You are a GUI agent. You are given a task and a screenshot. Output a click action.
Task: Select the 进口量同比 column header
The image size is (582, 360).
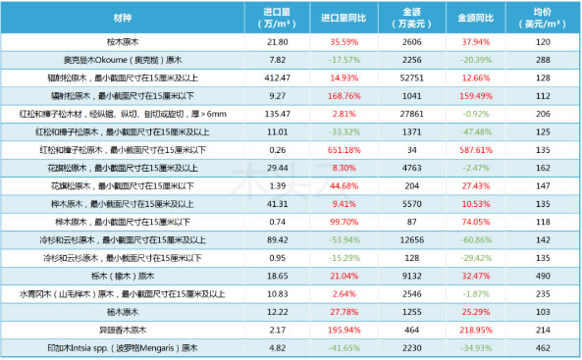pos(342,18)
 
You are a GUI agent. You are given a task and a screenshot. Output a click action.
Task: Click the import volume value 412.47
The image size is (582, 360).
pos(278,78)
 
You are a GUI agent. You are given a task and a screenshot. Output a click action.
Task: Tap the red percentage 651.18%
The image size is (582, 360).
pos(342,150)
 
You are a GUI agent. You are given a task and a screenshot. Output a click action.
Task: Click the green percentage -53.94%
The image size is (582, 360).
pos(342,239)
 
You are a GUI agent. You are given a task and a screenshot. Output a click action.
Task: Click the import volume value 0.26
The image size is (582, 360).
pos(278,150)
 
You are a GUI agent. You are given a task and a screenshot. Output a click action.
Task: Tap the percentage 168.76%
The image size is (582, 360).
pos(342,96)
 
